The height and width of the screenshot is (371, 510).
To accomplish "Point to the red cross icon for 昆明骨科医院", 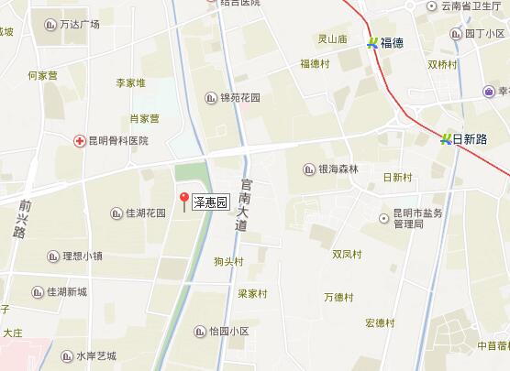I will pyautogui.click(x=79, y=140).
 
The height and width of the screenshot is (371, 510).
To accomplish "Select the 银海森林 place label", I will pyautogui.click(x=338, y=169).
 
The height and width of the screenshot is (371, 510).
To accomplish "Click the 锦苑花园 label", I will pyautogui.click(x=240, y=97).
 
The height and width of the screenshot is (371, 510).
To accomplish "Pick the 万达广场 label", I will pyautogui.click(x=79, y=24).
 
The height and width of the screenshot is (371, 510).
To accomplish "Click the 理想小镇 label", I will pyautogui.click(x=82, y=256).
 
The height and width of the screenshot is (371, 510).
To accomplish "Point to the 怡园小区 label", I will pyautogui.click(x=228, y=332).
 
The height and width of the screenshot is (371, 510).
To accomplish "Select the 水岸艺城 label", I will pyautogui.click(x=95, y=355).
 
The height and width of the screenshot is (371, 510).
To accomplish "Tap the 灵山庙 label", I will pyautogui.click(x=332, y=39).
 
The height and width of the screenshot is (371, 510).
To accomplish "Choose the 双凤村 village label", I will pyautogui.click(x=348, y=254).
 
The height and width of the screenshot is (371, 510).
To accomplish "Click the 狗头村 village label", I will pyautogui.click(x=228, y=262).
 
